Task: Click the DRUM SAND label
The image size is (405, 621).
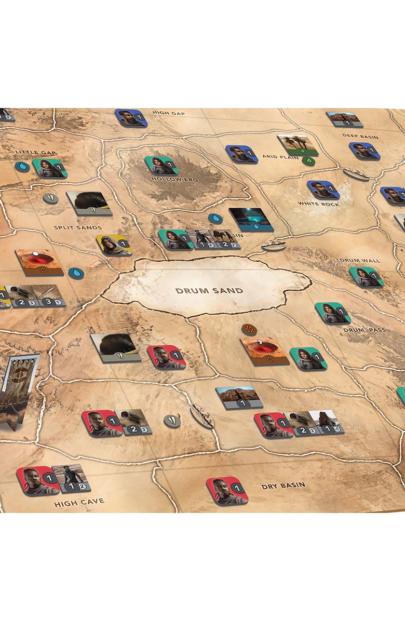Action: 209,291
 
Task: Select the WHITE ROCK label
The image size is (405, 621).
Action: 318,204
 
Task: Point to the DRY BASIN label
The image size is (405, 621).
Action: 283,486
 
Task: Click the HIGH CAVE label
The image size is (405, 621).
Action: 79,502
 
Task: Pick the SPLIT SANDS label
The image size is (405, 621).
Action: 78,227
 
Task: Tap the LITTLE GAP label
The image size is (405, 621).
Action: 35,153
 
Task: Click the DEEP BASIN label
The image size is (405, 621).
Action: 360,137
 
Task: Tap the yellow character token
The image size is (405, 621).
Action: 114,245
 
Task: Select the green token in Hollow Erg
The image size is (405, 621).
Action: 161,166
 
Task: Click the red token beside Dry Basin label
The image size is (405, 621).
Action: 227,491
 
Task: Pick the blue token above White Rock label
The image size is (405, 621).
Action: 323,190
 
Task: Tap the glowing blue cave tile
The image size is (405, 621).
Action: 251,219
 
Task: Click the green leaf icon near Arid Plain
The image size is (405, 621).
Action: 308,160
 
